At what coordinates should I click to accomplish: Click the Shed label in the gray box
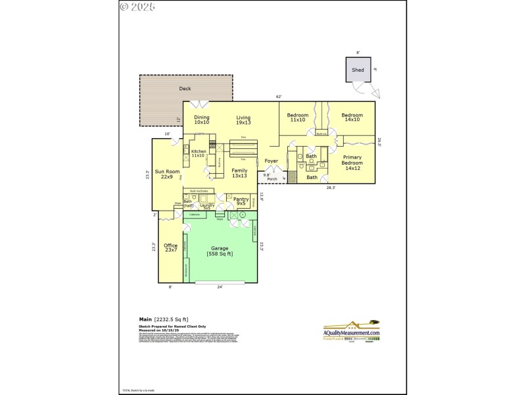click(x=358, y=70)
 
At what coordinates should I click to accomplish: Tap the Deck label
click(x=185, y=88)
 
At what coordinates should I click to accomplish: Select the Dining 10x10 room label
click(x=201, y=119)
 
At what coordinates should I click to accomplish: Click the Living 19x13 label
click(x=243, y=119)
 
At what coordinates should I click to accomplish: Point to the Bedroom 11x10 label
click(x=297, y=118)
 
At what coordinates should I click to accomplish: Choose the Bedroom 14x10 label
click(x=352, y=118)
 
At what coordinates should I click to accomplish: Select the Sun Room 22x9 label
click(x=168, y=174)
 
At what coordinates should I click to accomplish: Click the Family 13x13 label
click(x=239, y=173)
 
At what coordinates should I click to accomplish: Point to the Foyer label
click(x=271, y=161)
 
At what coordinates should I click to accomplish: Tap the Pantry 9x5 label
click(x=240, y=200)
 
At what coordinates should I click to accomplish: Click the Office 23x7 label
click(x=170, y=248)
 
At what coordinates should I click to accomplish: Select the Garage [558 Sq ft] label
click(x=220, y=251)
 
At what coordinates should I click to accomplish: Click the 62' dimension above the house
click(x=278, y=97)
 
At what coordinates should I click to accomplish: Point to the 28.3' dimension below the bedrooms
click(x=331, y=188)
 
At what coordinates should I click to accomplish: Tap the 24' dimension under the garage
click(x=220, y=287)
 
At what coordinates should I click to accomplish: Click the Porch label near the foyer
click(x=272, y=178)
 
